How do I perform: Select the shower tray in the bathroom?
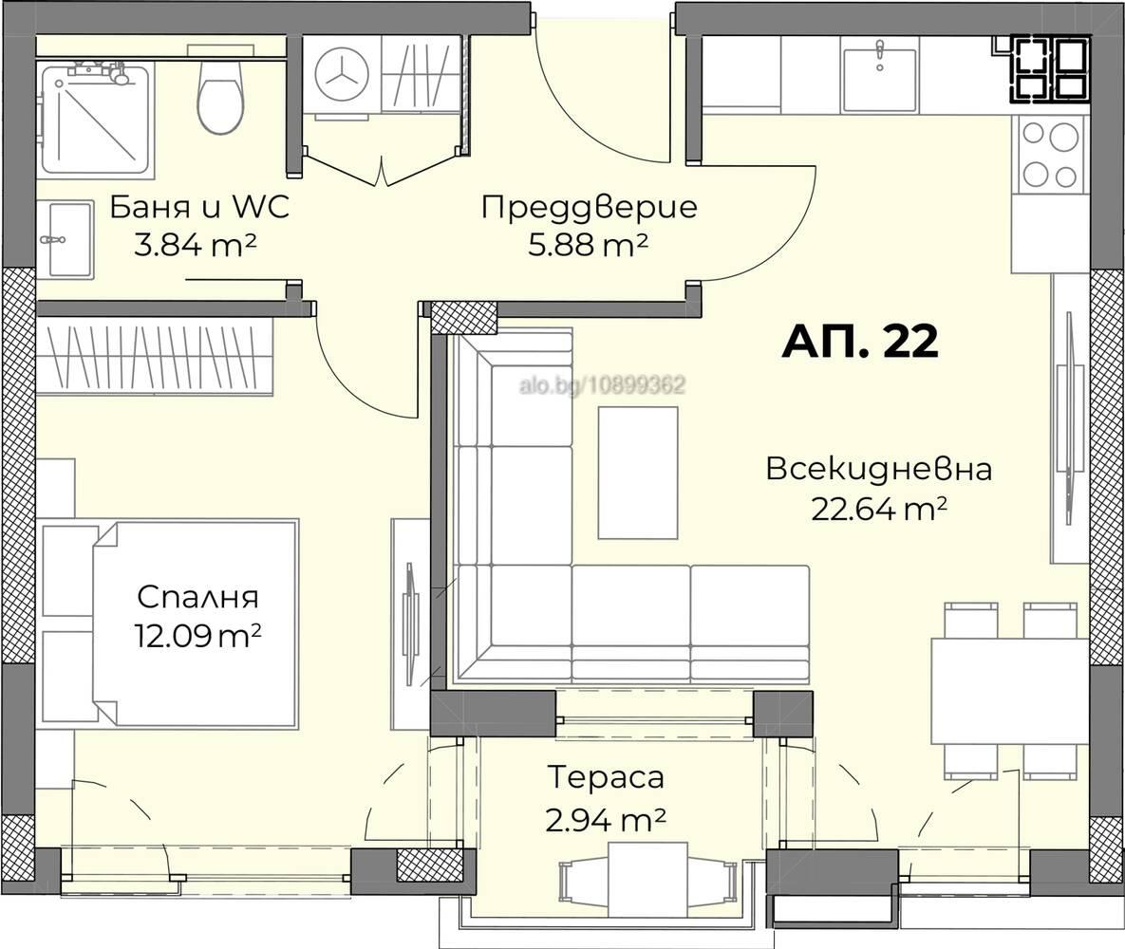pyautogui.click(x=95, y=120)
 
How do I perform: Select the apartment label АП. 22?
pyautogui.click(x=860, y=342)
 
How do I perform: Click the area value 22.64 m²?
pyautogui.click(x=879, y=510)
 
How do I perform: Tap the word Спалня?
pyautogui.click(x=197, y=598)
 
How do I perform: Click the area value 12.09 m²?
pyautogui.click(x=197, y=636)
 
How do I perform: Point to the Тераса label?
pyautogui.click(x=605, y=777)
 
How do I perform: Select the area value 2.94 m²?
pyautogui.click(x=605, y=818)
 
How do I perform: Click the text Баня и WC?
pyautogui.click(x=199, y=207)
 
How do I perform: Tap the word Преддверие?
pyautogui.click(x=589, y=207)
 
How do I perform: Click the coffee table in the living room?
pyautogui.click(x=638, y=473)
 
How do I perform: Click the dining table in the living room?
pyautogui.click(x=1008, y=691)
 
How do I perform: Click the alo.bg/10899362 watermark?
pyautogui.click(x=602, y=385)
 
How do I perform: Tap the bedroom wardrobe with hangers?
pyautogui.click(x=155, y=356)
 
